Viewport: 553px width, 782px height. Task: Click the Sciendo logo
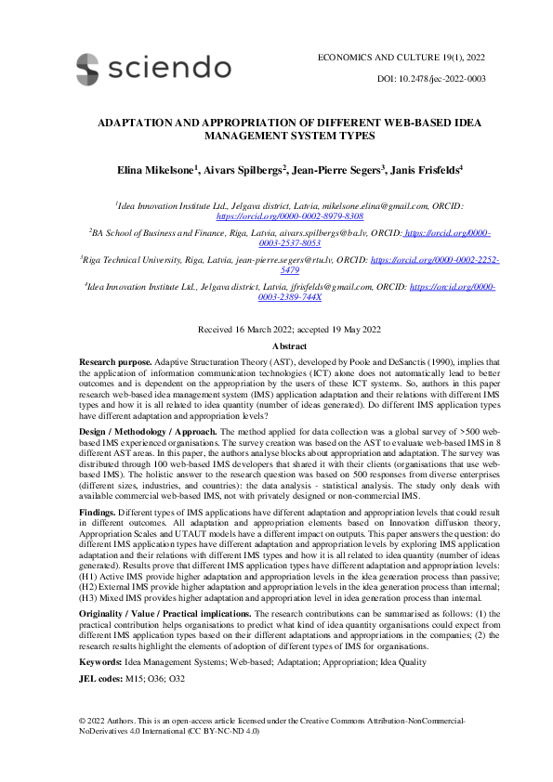[x=153, y=68]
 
